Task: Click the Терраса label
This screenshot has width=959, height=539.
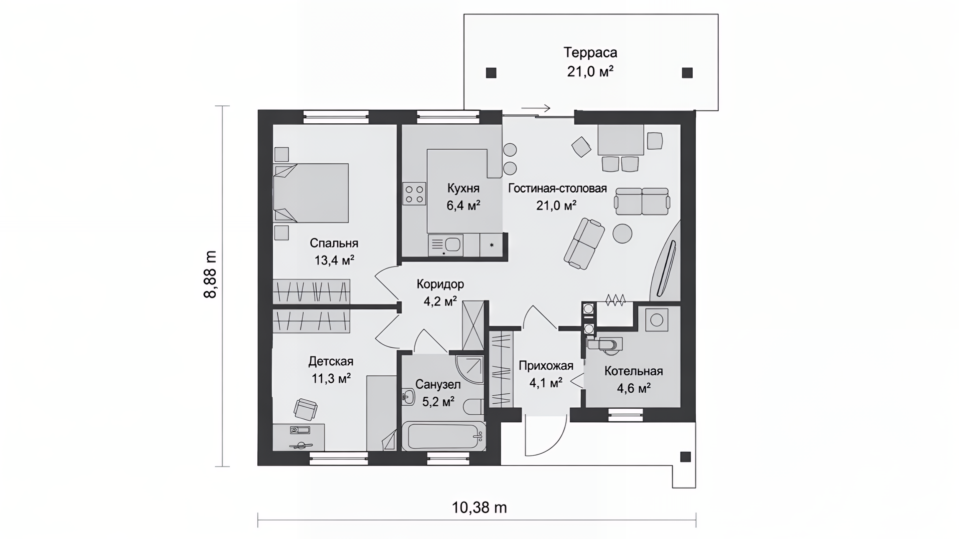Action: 590,52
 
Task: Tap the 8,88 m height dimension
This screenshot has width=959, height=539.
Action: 210,274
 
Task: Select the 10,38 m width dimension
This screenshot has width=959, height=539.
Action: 479,508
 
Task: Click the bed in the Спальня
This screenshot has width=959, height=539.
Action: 311,193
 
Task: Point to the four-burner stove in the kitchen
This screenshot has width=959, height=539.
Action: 414,194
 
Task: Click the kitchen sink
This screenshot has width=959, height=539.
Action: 446,245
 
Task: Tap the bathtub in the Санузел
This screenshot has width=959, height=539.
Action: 444,436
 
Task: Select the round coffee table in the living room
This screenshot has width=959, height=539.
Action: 622,233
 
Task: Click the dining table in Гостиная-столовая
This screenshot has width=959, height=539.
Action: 620,140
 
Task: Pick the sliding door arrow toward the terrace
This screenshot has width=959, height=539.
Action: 535,108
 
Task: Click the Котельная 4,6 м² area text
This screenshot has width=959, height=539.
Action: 633,388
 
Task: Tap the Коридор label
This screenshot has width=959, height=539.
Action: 440,284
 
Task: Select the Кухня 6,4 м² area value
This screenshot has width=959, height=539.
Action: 463,205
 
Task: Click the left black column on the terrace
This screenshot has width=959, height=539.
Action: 491,73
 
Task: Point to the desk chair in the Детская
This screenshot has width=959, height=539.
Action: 306,409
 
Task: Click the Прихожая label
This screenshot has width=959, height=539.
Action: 545,366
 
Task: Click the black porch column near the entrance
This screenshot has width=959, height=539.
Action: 685,457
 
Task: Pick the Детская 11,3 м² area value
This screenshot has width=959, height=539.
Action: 331,378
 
